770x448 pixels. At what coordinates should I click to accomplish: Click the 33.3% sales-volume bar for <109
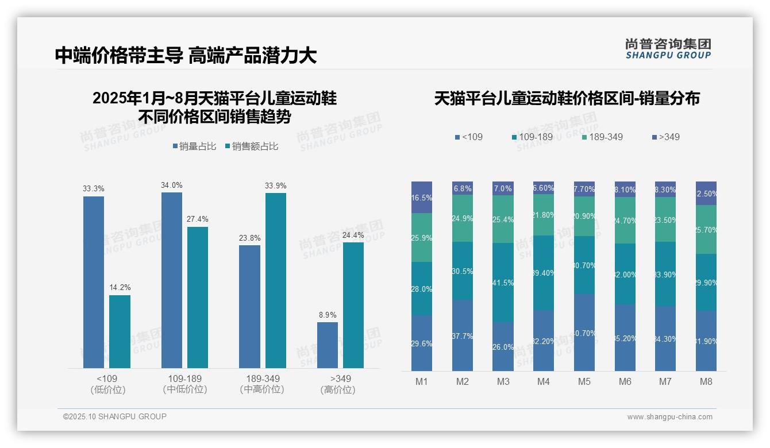pos(94,282)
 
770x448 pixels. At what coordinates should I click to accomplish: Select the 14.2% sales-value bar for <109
pos(120,331)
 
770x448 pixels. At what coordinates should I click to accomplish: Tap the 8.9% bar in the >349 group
pos(328,345)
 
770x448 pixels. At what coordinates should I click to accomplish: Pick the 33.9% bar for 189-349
pos(275,280)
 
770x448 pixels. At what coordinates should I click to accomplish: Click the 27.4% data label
pos(198,219)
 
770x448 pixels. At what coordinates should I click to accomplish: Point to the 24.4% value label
pos(353,235)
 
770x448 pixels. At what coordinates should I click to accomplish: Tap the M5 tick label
pos(584,381)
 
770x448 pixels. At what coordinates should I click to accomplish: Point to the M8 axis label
pos(706,381)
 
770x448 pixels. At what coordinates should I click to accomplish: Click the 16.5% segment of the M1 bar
pos(422,198)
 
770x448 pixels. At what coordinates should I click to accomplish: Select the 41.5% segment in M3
pos(503,283)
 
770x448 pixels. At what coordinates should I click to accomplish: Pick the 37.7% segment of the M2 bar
pos(463,335)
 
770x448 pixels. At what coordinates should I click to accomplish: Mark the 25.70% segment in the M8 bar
pos(706,230)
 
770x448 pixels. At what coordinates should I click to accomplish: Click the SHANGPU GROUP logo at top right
pos(668,49)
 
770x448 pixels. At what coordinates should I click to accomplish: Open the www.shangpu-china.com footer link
pos(669,417)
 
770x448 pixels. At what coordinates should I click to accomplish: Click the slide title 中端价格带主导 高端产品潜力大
pos(186,56)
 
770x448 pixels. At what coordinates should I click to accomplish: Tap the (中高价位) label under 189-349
pos(262,389)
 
